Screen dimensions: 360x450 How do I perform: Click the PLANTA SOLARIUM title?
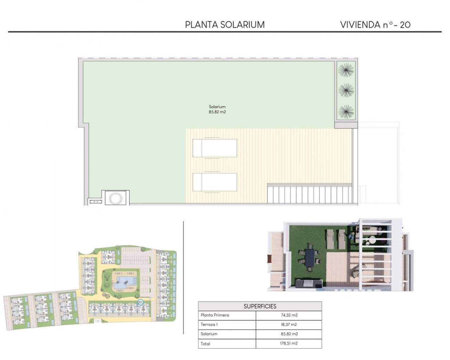click(x=225, y=25)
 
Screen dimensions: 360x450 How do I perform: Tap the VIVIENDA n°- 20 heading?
click(x=375, y=25)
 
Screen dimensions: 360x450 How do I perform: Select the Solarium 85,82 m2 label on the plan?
click(x=217, y=109)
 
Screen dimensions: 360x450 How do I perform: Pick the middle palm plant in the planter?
click(x=346, y=90)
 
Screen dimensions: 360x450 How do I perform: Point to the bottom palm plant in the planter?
click(x=346, y=112)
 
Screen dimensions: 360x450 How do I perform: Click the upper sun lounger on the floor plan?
click(x=214, y=148)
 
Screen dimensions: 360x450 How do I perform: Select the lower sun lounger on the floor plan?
click(x=214, y=182)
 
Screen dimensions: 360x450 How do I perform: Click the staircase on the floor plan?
click(x=309, y=194)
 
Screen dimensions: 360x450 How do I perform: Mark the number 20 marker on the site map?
click(x=140, y=302)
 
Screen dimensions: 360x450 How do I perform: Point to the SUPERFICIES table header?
click(x=260, y=306)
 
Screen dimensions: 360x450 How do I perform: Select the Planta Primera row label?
click(x=214, y=315)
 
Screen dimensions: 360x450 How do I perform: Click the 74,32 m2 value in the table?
click(x=289, y=315)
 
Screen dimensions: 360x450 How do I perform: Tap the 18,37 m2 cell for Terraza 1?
click(x=289, y=324)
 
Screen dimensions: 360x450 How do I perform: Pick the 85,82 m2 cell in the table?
click(x=289, y=334)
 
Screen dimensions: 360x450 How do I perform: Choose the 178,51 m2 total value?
click(x=289, y=343)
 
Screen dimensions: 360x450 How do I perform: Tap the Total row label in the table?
click(x=205, y=343)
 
